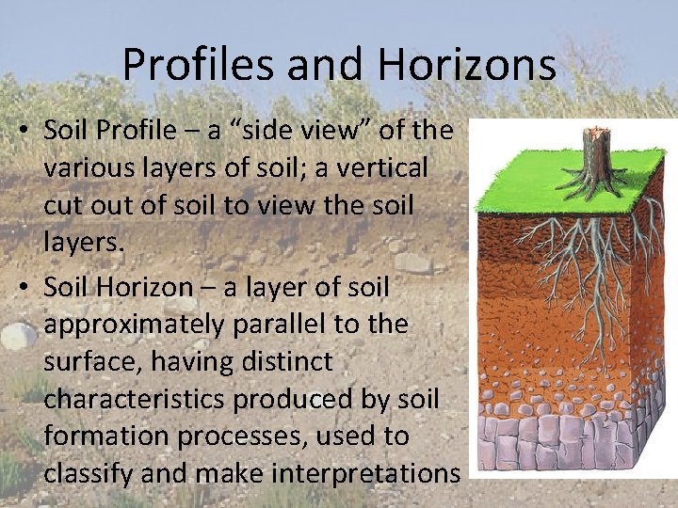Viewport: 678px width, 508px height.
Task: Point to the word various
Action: pyautogui.click(x=95, y=168)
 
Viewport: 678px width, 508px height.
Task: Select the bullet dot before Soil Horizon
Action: pyautogui.click(x=20, y=287)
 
